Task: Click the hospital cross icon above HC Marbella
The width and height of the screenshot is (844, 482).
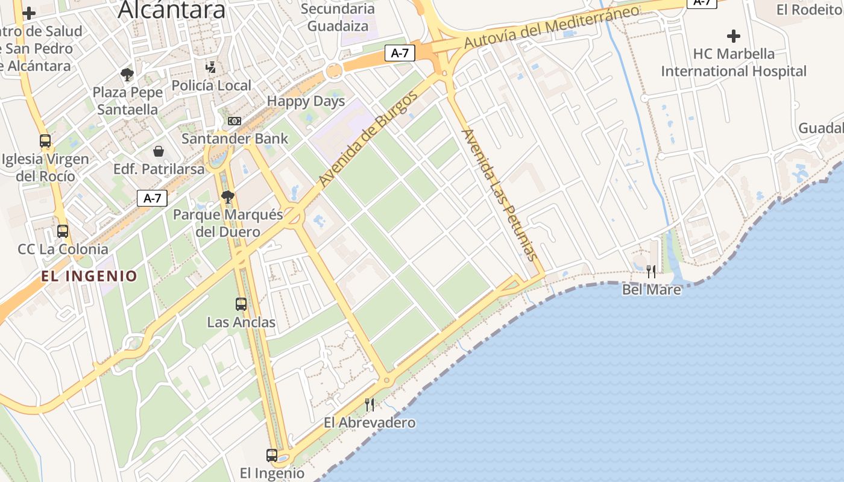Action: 733,36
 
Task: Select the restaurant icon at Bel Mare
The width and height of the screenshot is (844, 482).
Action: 651,271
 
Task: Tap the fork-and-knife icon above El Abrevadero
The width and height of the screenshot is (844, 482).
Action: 370,404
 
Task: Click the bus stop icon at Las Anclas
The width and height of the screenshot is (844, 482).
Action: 241,304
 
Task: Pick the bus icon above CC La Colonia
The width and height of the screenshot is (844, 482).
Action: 63,231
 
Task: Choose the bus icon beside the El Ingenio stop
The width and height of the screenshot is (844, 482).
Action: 272,455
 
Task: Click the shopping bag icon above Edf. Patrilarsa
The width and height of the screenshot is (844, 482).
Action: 159,151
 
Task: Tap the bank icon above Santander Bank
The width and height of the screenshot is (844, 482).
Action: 235,120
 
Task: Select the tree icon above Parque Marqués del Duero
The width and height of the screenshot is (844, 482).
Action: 227,196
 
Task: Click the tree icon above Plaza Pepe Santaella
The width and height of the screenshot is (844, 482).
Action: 127,75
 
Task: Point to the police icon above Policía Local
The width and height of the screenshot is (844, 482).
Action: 210,67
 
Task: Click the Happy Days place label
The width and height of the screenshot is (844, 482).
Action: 306,101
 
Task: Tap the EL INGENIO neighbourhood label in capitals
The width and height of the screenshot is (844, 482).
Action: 89,277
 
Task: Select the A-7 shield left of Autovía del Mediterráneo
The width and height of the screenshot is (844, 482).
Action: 400,53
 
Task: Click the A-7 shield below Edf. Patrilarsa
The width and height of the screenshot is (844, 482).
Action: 152,198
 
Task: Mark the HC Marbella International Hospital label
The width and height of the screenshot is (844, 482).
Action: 734,62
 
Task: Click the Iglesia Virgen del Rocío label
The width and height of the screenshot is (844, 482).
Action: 45,167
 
